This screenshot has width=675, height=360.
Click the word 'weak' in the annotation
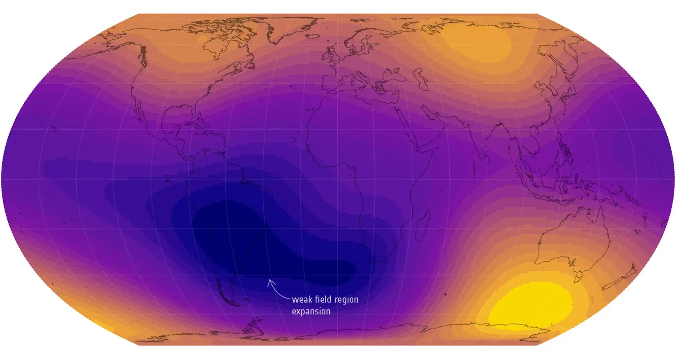(x=301, y=300)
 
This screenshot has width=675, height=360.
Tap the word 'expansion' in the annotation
(x=311, y=311)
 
